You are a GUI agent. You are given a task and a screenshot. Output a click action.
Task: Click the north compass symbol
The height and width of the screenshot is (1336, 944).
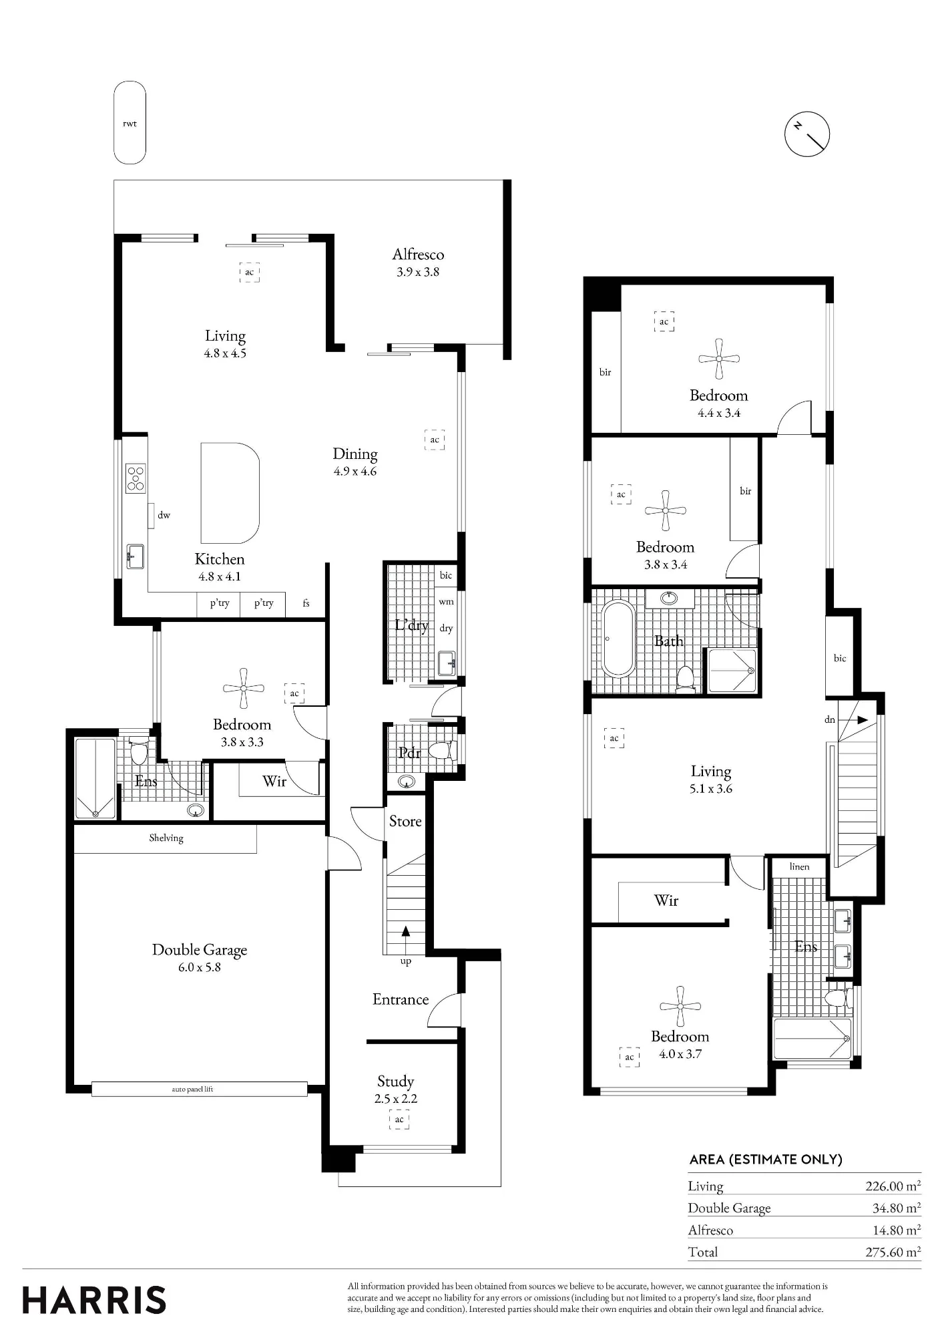(806, 134)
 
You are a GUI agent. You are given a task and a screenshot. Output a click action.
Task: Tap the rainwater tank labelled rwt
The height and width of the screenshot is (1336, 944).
(130, 123)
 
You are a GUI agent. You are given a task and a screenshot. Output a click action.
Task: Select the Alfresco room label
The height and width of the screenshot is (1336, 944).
(418, 255)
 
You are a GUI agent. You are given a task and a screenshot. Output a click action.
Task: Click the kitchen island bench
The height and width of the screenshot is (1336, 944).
(230, 493)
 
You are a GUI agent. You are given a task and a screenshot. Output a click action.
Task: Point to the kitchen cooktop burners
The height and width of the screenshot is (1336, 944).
(136, 478)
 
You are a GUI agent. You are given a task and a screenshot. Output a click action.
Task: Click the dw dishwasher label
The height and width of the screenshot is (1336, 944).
(164, 515)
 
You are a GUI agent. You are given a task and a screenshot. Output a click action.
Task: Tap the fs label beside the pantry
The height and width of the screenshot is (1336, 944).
(306, 603)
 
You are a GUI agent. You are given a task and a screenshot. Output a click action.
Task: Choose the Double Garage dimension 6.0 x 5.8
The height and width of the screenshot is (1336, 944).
(199, 967)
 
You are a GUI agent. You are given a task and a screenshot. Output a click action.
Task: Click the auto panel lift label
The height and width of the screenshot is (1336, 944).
(192, 1089)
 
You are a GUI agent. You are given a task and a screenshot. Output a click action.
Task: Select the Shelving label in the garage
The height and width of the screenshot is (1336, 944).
(166, 838)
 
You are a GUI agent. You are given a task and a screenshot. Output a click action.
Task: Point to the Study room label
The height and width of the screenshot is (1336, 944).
(395, 1081)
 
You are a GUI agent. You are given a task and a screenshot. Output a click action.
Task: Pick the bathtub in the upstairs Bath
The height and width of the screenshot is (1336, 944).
(618, 639)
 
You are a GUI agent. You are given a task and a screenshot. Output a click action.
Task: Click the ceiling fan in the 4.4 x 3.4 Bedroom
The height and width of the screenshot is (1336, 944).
(719, 359)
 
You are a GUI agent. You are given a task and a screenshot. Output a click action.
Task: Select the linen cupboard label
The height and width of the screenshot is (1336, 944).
(799, 866)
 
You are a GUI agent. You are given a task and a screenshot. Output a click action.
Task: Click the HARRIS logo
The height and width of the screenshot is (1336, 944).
(94, 1301)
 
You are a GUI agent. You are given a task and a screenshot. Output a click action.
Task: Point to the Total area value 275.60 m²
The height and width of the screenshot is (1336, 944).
(893, 1252)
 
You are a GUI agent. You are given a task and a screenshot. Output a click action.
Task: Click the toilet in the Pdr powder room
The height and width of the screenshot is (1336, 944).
(440, 750)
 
